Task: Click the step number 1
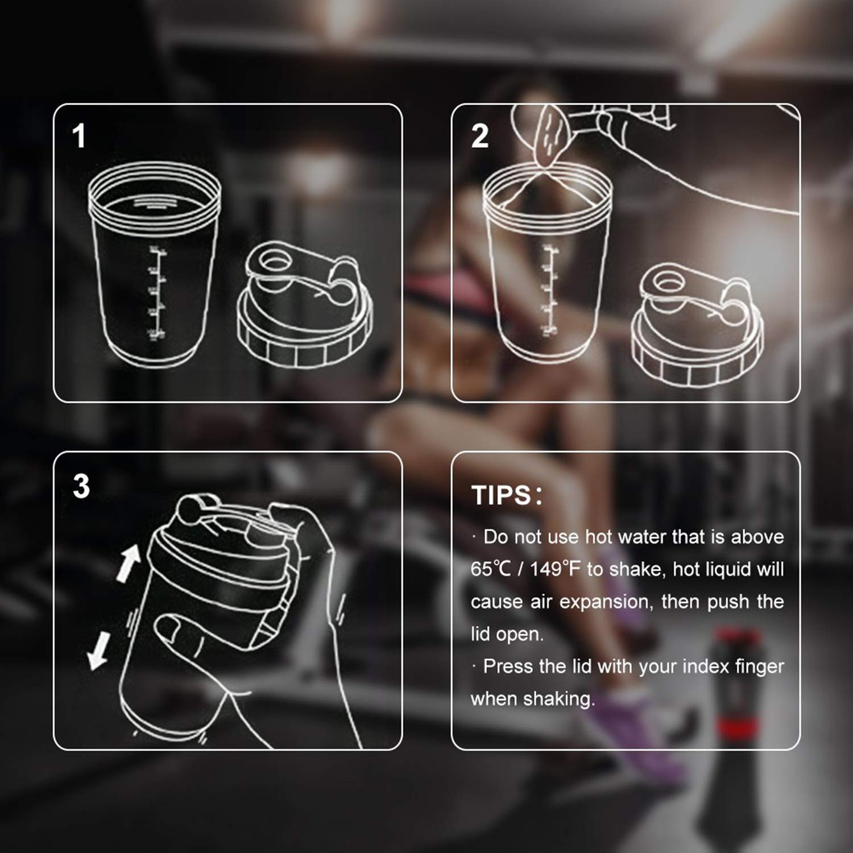(79, 136)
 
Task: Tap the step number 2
(479, 136)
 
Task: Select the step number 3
(81, 486)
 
